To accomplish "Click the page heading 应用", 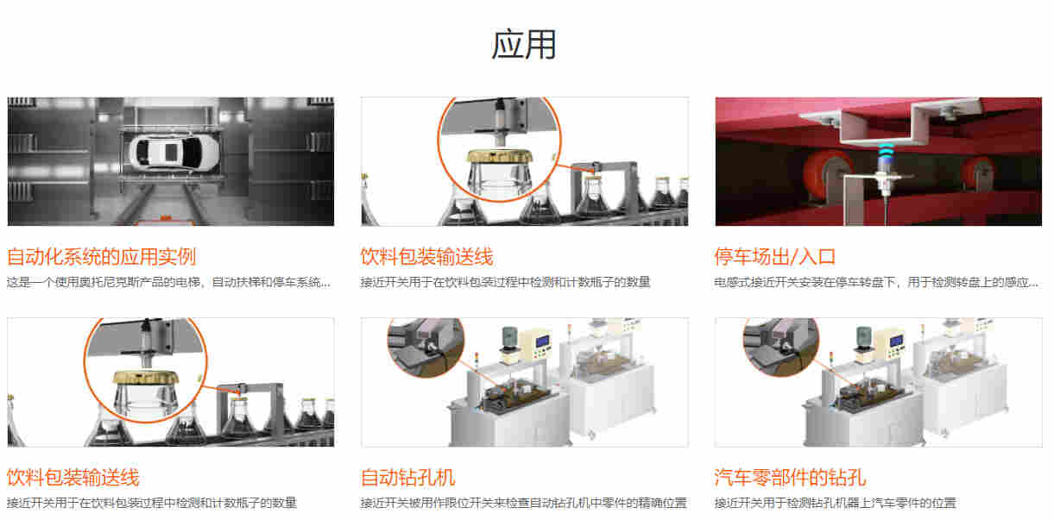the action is click(524, 45).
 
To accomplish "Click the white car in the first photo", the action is click(174, 152).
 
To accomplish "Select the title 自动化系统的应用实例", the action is click(101, 257).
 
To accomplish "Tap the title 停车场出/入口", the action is click(774, 257).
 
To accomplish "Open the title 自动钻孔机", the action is click(408, 477).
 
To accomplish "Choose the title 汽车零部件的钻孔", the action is click(790, 477).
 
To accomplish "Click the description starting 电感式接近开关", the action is click(876, 282).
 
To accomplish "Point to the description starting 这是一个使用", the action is click(168, 282).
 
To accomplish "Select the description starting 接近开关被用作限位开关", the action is click(524, 503).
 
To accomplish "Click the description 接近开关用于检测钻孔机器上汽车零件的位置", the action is click(836, 503).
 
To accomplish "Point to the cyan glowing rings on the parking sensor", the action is click(885, 152).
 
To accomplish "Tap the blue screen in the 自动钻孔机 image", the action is click(543, 341).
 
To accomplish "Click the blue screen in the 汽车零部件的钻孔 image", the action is click(897, 341).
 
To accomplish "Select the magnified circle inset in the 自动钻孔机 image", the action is click(426, 346).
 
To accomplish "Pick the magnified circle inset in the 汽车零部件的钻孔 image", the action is click(781, 346).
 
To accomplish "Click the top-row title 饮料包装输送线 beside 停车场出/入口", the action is click(426, 257).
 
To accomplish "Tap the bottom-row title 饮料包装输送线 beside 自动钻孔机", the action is click(73, 477).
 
